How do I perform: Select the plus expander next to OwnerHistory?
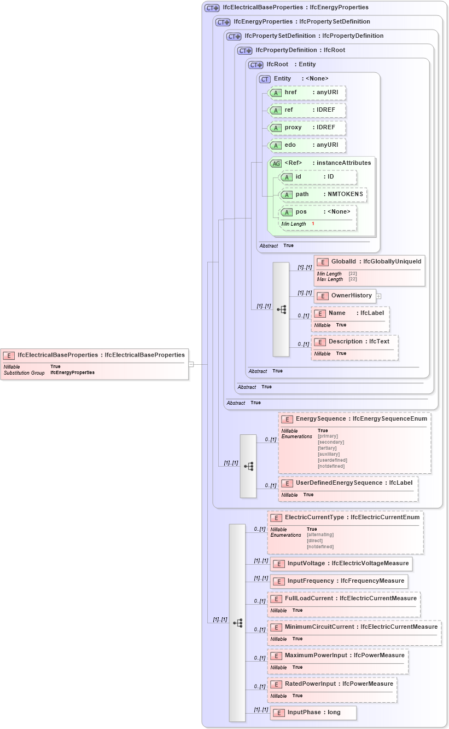pyautogui.click(x=378, y=296)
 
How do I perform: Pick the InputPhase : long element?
pyautogui.click(x=313, y=713)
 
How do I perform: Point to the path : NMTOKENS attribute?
pyautogui.click(x=323, y=194)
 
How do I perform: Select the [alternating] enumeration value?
pyautogui.click(x=320, y=535)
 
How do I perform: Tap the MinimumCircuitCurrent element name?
pyautogui.click(x=320, y=627)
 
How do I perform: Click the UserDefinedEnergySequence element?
pyautogui.click(x=348, y=483)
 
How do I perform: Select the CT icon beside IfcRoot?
pyautogui.click(x=256, y=65)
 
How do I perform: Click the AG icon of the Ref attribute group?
pyautogui.click(x=276, y=163)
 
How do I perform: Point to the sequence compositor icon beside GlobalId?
pyautogui.click(x=281, y=309)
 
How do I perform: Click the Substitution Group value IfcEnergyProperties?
pyautogui.click(x=72, y=372)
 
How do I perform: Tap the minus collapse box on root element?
pyautogui.click(x=191, y=364)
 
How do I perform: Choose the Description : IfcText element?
pyautogui.click(x=354, y=342)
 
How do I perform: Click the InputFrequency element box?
pyautogui.click(x=339, y=581)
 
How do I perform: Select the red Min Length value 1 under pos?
pyautogui.click(x=313, y=223)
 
